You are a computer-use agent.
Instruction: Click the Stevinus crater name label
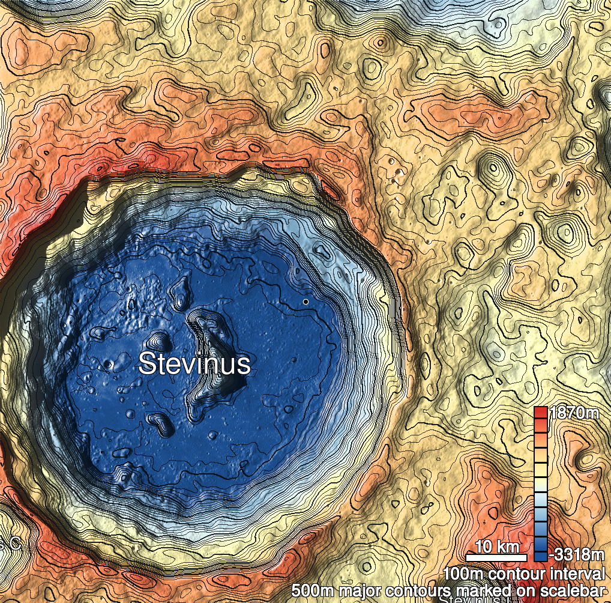pos(194,364)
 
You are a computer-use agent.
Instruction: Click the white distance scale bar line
pos(497,558)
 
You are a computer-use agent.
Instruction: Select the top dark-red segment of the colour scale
pos(540,413)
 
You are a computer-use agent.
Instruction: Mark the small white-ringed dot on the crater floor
pos(306,301)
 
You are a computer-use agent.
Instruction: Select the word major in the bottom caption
pos(362,590)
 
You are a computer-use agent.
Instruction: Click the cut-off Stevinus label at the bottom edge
pos(468,599)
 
